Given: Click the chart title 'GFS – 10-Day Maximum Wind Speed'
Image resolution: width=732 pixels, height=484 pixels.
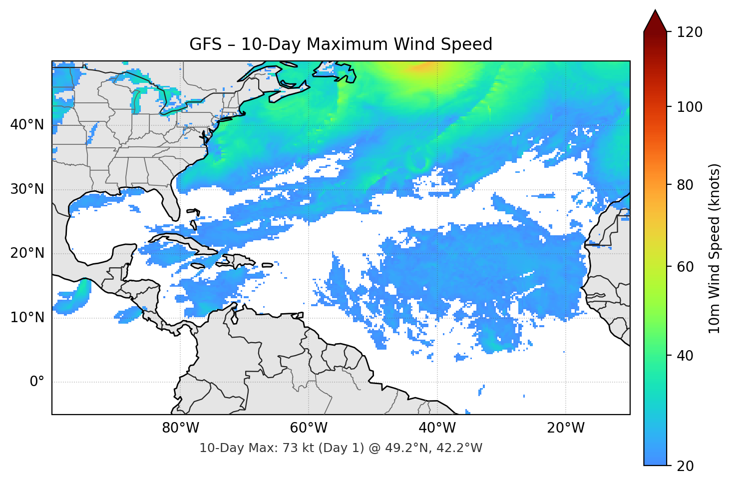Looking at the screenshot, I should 341,44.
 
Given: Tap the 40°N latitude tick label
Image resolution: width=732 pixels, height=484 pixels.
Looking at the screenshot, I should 27,124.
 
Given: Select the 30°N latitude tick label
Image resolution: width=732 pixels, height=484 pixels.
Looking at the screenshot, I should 27,189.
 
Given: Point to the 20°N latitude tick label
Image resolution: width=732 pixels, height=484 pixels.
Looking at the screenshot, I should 27,253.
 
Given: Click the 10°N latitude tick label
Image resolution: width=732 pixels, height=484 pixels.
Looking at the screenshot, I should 27,318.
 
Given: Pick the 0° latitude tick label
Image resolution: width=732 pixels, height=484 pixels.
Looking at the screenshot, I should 37,382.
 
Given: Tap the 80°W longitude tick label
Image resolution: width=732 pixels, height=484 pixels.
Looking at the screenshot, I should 180,428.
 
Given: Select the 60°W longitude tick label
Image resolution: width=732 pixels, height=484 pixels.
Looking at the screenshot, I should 309,428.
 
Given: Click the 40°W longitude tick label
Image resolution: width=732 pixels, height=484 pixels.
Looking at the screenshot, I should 437,428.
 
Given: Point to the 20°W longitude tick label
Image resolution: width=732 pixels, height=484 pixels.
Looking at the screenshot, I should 566,428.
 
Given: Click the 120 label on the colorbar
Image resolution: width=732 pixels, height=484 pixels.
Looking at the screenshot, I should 690,32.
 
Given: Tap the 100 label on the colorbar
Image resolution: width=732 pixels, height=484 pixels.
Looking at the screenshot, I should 690,107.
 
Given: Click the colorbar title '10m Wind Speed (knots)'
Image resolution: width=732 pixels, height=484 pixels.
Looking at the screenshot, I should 714,248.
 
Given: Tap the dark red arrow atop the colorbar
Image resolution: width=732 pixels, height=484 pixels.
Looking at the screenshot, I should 655,21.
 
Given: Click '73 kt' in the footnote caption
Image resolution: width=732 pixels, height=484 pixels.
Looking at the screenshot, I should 299,448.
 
